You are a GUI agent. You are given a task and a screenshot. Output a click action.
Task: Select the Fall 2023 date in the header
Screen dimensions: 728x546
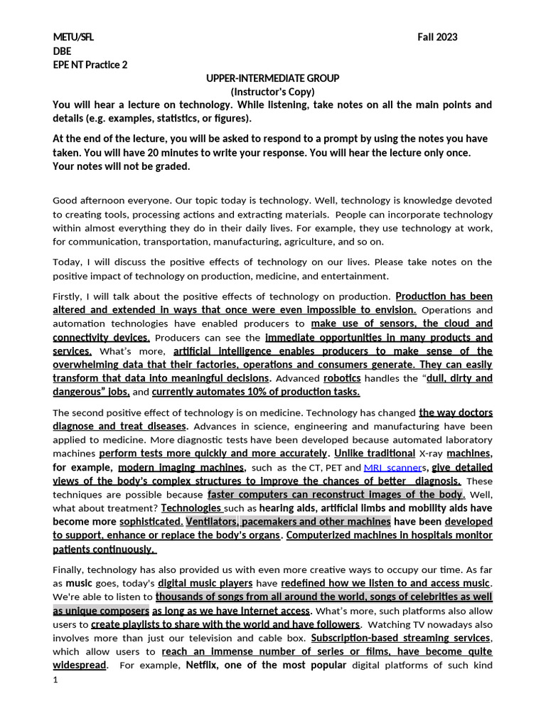[437, 37]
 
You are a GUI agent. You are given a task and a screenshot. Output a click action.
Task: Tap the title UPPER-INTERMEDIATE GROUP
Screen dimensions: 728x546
[272, 77]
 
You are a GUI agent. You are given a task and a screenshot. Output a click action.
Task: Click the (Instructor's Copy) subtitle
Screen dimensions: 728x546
[272, 91]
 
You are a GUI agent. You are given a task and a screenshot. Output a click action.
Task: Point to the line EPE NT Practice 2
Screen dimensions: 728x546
[90, 64]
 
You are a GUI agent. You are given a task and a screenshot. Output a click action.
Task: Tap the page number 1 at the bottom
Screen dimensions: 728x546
[55, 680]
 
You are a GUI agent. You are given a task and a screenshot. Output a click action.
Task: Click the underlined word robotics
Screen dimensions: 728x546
[342, 378]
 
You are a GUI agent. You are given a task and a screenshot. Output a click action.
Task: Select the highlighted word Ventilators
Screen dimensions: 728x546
[211, 521]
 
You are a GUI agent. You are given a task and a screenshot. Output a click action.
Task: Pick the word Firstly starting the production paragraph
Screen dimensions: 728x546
[69, 296]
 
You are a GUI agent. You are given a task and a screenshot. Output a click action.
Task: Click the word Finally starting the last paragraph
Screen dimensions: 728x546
[70, 569]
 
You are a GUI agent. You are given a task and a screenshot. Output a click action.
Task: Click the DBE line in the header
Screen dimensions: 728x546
[62, 50]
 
